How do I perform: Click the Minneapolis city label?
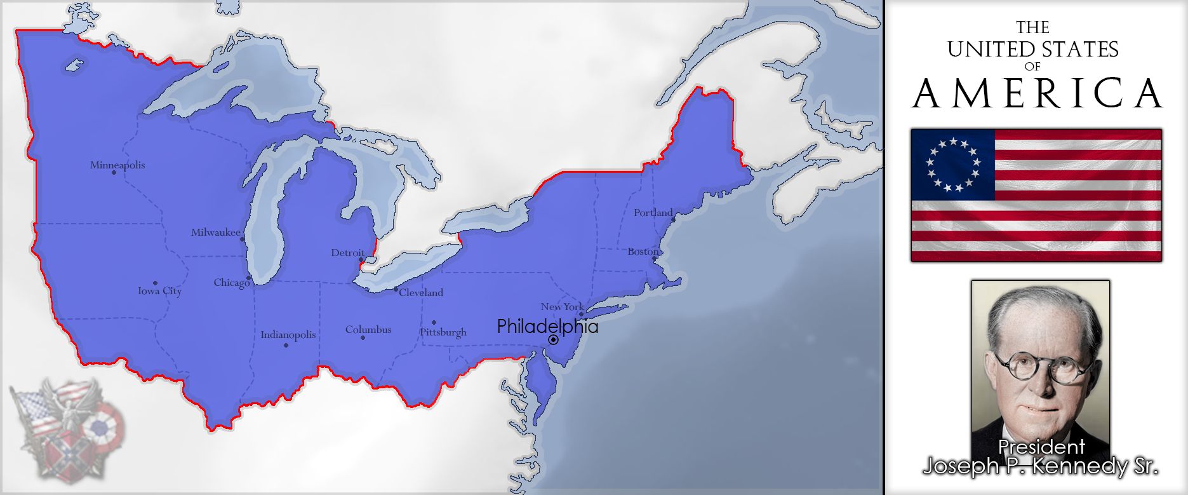tap(117, 165)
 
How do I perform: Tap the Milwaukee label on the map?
tap(216, 233)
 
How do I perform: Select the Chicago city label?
tap(231, 283)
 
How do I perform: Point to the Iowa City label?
tap(160, 291)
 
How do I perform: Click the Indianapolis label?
tap(288, 335)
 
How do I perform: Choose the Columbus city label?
tap(368, 330)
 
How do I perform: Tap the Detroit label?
tap(348, 253)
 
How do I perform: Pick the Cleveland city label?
tap(421, 293)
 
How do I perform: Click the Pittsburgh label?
tap(443, 332)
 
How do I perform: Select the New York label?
tap(562, 307)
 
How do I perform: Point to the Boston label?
tap(643, 252)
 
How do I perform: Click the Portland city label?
tap(653, 213)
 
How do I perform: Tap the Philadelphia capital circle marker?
tap(554, 340)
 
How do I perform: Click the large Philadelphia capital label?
tap(547, 327)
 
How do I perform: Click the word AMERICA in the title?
tap(1038, 93)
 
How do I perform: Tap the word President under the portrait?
tap(1041, 447)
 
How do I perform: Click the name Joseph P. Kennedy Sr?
tap(1041, 466)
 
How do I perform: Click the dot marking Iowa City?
tap(155, 283)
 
